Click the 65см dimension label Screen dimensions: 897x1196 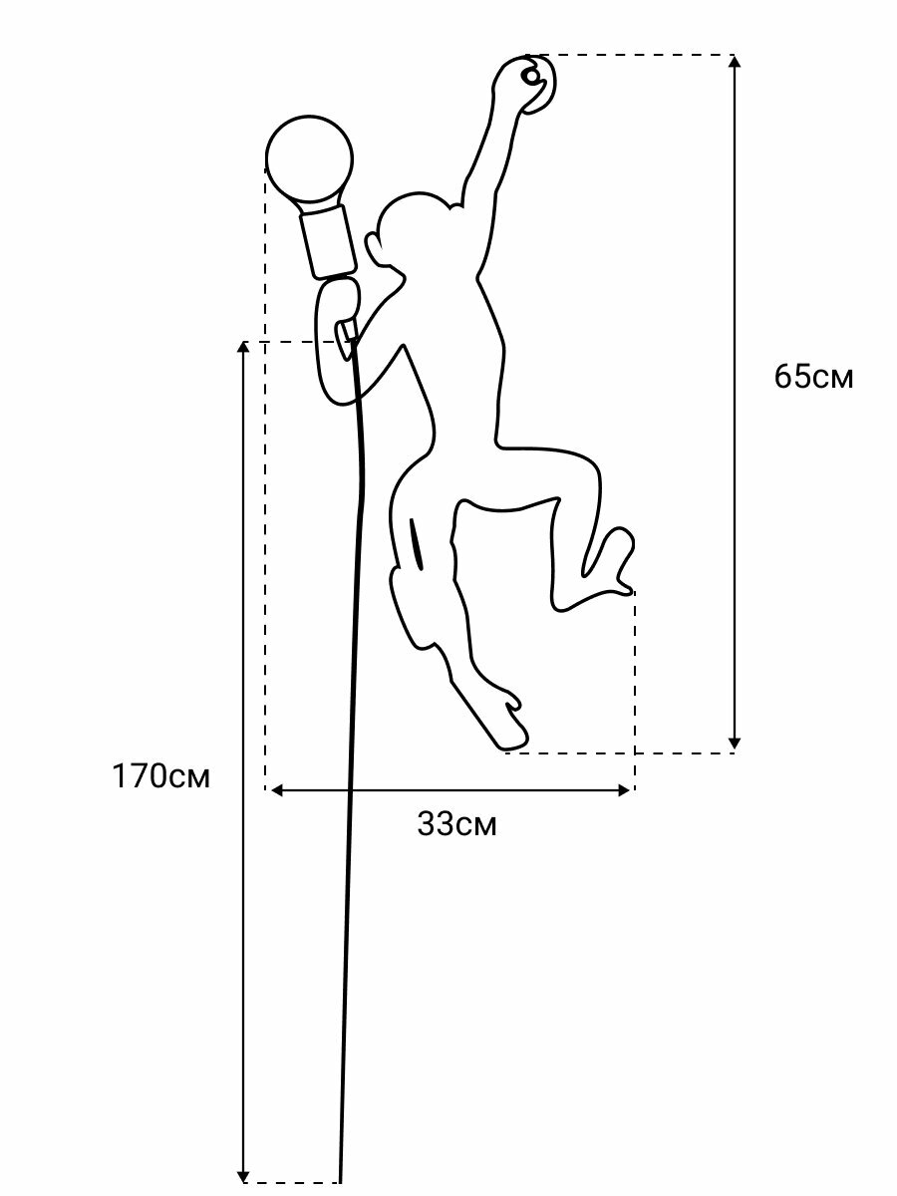coord(813,378)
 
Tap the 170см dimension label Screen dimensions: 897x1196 coord(160,776)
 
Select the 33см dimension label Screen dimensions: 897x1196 coord(456,824)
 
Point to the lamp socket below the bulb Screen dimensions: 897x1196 coord(328,240)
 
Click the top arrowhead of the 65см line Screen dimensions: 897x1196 coord(735,62)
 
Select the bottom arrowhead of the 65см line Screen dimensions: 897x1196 coord(735,743)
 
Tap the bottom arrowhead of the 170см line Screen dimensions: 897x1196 coord(243,1176)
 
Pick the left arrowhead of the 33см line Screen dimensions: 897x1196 coord(276,790)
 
